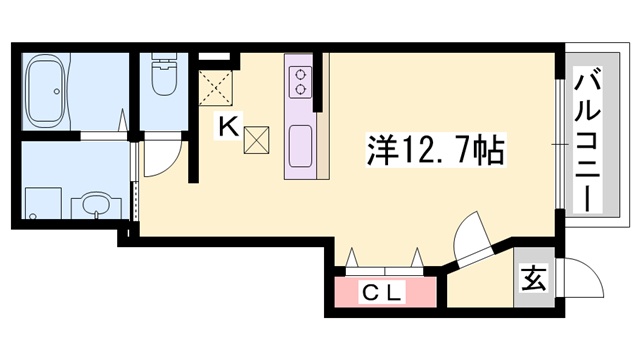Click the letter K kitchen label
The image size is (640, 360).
[228, 126]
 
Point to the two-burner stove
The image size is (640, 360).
[299, 80]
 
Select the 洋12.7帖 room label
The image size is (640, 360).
[432, 153]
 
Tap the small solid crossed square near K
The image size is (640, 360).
[256, 139]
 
